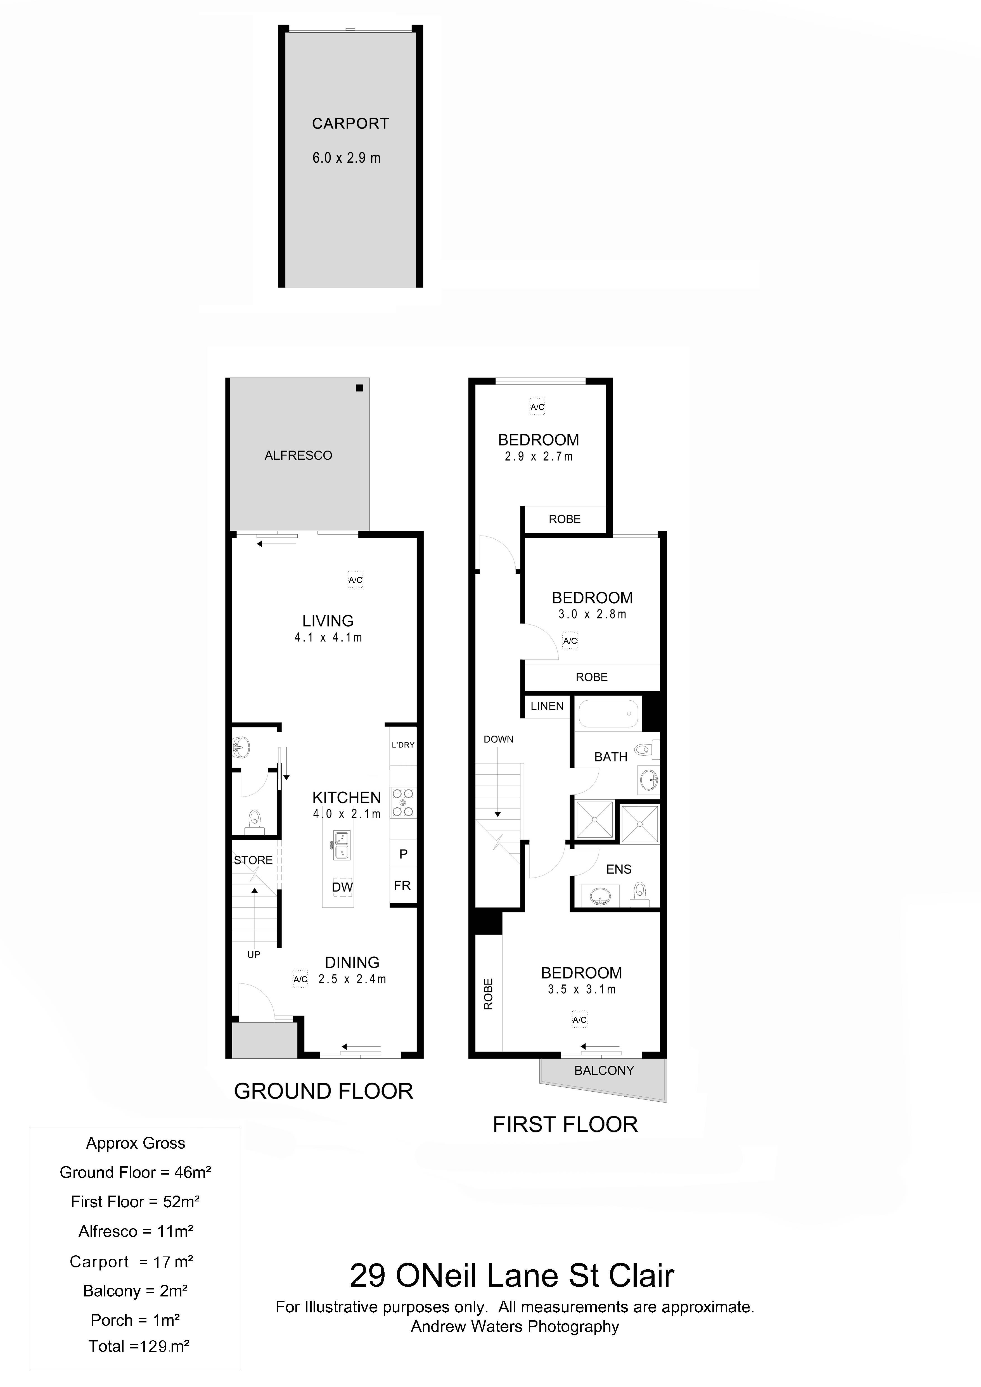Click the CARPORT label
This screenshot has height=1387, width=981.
pyautogui.click(x=350, y=124)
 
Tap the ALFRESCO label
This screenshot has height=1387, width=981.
pyautogui.click(x=298, y=456)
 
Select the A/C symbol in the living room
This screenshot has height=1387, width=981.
pyautogui.click(x=355, y=580)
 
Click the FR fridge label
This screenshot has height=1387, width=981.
pyautogui.click(x=402, y=886)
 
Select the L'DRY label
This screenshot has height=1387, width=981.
pyautogui.click(x=403, y=745)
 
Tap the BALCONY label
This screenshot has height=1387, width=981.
pyautogui.click(x=604, y=1070)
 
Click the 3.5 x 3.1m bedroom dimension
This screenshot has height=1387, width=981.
pyautogui.click(x=582, y=990)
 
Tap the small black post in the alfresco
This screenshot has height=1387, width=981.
pyautogui.click(x=359, y=388)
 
